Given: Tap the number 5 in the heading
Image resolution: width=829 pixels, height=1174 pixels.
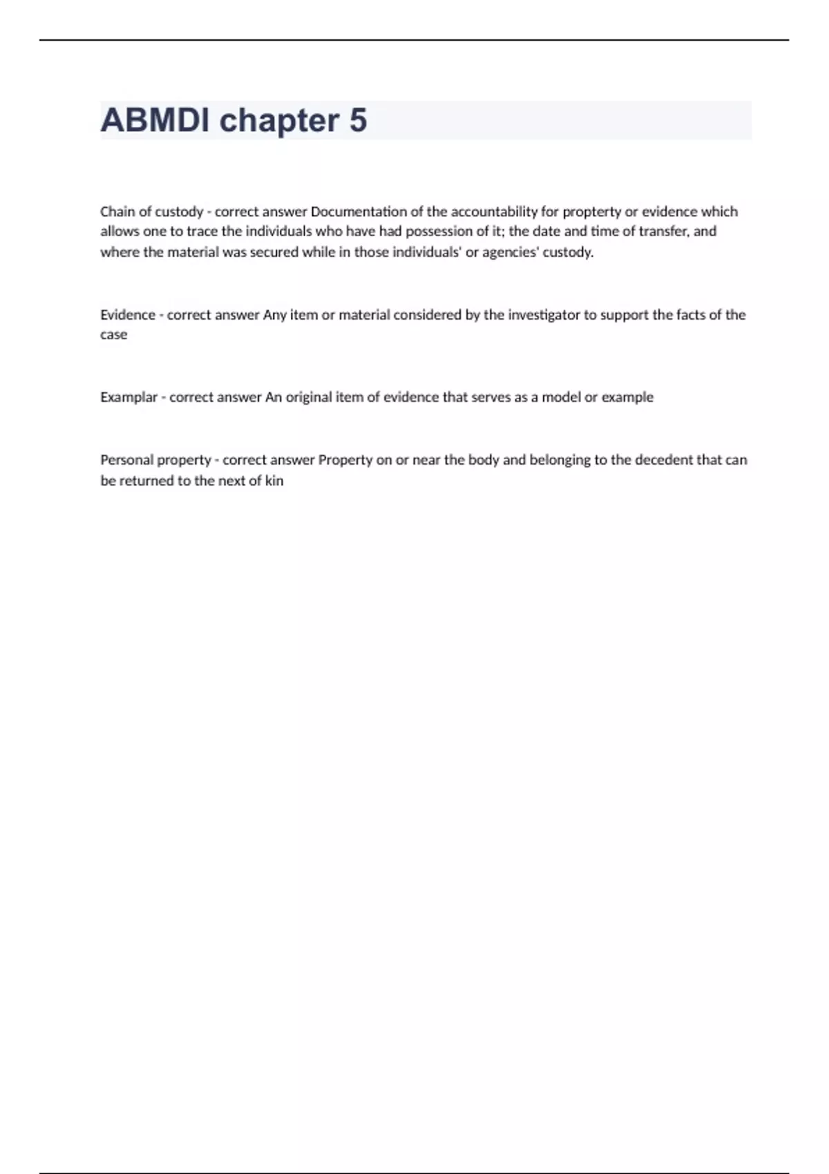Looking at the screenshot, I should coord(358,120).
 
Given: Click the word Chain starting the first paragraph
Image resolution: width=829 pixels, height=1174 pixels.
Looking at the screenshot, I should coord(115,211).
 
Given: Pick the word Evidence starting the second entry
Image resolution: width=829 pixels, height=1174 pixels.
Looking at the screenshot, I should coord(128,315).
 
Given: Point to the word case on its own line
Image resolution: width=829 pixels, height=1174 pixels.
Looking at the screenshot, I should coord(113,335).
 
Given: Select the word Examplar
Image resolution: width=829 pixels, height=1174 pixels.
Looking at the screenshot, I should coord(128,397).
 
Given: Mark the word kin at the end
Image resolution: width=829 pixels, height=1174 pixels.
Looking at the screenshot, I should coord(274,481).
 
